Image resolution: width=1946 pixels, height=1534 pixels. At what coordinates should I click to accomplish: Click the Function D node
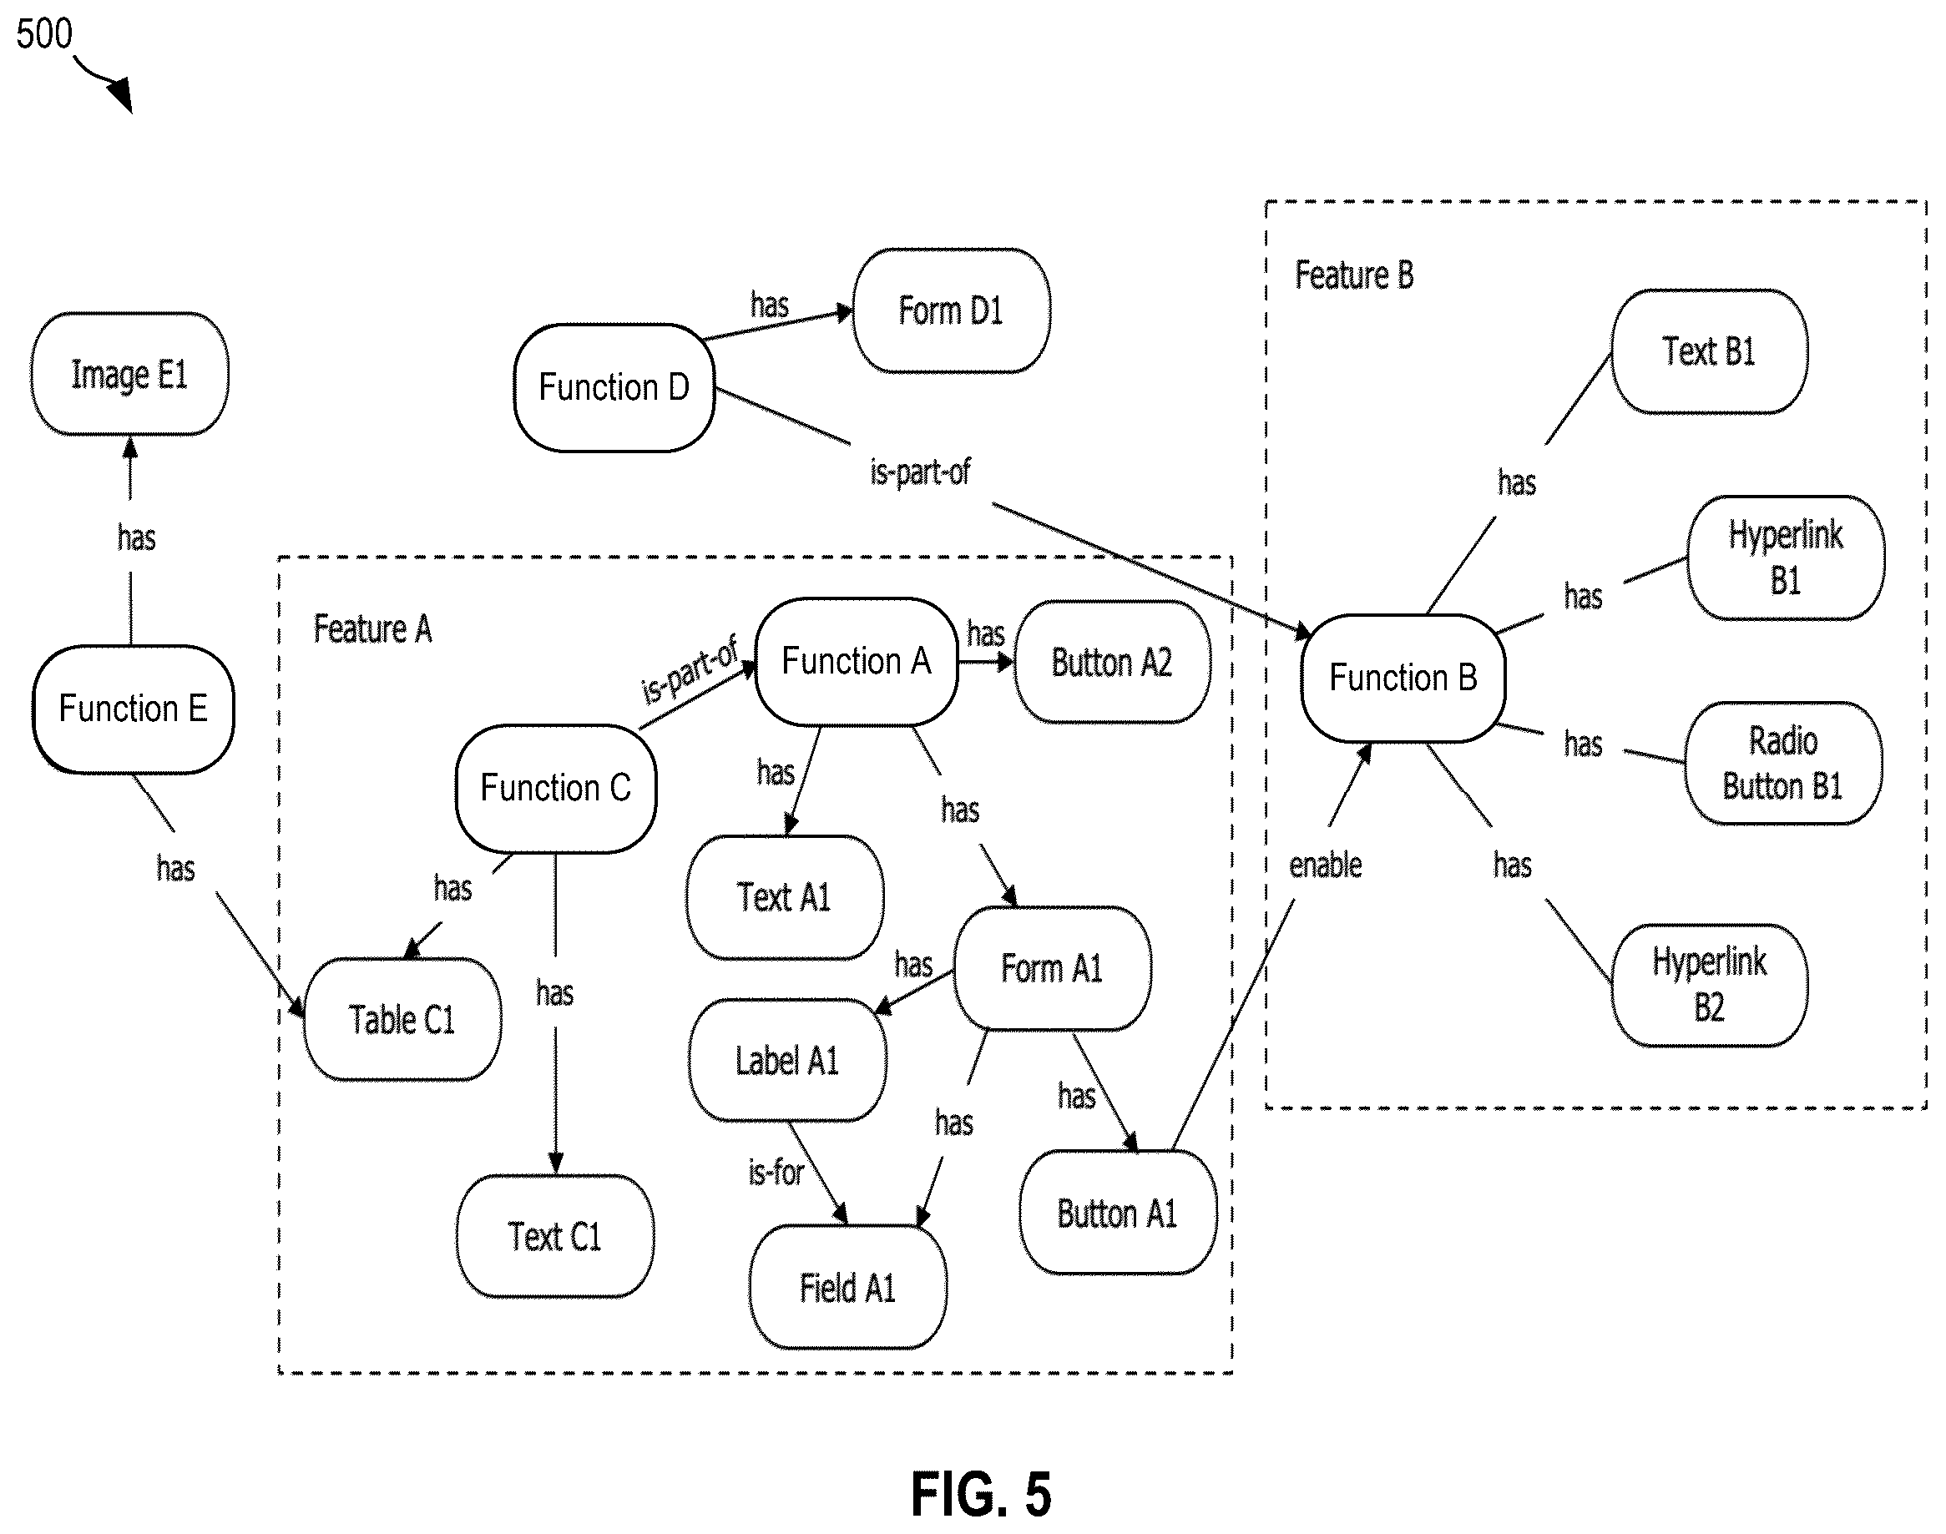(614, 388)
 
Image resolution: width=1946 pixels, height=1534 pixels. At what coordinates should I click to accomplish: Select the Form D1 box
(952, 310)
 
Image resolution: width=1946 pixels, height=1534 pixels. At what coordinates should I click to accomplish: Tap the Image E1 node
(129, 374)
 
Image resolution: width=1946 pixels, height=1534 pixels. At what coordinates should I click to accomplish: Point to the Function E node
(133, 709)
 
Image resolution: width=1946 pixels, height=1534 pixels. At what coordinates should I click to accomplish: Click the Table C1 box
(402, 1019)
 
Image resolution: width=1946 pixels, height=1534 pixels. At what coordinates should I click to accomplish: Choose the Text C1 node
(555, 1236)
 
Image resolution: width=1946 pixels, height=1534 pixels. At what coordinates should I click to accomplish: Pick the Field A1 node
(848, 1287)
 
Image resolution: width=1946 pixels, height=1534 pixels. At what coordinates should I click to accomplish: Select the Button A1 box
(1118, 1213)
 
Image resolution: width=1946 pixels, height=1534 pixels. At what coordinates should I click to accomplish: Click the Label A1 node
(788, 1060)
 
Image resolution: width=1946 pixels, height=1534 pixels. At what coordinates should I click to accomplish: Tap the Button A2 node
(1112, 662)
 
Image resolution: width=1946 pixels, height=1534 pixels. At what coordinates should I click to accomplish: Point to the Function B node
(1403, 678)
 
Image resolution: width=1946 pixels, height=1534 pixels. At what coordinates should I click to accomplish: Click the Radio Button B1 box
(1783, 764)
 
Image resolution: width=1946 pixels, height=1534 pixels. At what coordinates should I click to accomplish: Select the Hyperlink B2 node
(1710, 985)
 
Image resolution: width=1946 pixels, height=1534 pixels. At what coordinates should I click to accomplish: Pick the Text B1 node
(1710, 351)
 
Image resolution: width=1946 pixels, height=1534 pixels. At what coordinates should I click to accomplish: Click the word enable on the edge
(1325, 865)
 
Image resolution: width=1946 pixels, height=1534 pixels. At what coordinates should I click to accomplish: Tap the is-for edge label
(776, 1172)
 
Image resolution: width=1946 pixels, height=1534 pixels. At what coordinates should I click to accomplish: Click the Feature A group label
(373, 628)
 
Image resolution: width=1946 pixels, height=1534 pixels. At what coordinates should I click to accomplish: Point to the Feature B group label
(1354, 275)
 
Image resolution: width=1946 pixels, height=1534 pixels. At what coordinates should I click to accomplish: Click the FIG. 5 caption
(981, 1495)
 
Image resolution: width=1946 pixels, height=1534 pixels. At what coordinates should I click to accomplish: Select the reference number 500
(44, 34)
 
